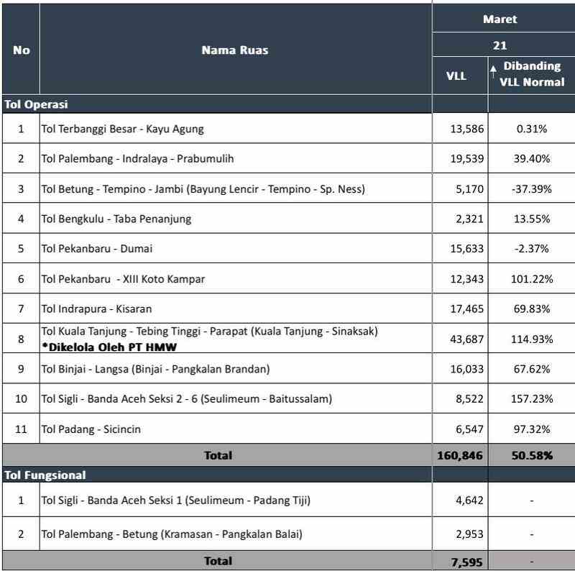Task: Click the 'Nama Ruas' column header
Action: click(235, 50)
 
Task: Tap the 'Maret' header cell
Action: click(500, 19)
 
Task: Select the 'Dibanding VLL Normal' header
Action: click(532, 73)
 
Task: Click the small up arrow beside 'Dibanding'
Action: click(494, 69)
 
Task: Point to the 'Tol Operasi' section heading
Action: click(37, 104)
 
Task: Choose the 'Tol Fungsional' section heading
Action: click(45, 475)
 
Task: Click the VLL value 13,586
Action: click(466, 129)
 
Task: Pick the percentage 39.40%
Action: click(532, 159)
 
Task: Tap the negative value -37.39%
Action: click(532, 189)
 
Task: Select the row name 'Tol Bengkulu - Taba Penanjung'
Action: click(116, 219)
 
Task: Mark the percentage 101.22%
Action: click(532, 279)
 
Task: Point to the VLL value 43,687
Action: click(466, 339)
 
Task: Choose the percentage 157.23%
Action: click(532, 399)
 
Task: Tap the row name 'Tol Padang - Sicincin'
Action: click(91, 429)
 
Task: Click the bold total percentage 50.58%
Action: click(532, 455)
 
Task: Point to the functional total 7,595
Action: click(469, 561)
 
